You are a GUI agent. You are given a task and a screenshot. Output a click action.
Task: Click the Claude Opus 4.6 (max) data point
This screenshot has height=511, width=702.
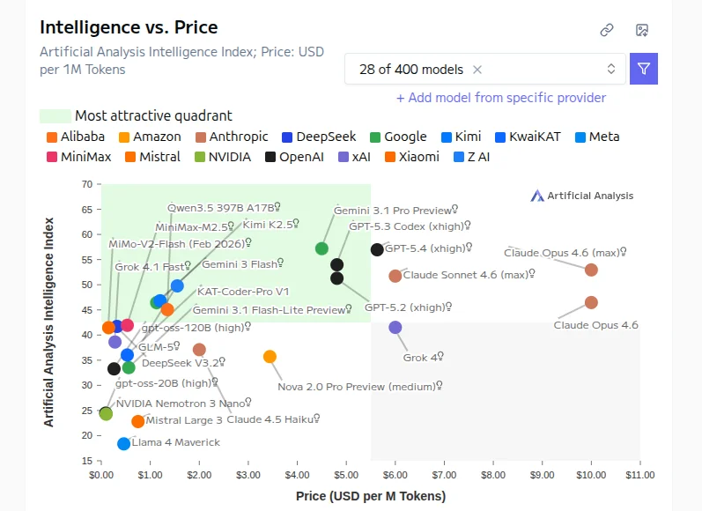(x=591, y=270)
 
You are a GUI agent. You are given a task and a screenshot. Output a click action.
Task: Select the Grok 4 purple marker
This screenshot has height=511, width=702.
(x=395, y=328)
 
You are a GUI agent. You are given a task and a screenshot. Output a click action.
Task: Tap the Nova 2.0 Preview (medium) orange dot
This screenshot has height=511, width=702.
(x=270, y=357)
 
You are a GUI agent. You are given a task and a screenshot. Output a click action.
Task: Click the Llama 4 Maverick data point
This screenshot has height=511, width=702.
(x=123, y=443)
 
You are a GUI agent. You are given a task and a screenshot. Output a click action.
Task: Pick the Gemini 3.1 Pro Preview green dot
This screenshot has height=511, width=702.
(x=321, y=248)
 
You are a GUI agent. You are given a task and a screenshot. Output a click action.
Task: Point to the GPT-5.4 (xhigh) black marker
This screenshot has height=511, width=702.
(x=377, y=249)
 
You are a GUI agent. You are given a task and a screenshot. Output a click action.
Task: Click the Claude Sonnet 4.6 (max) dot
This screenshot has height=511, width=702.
(x=395, y=276)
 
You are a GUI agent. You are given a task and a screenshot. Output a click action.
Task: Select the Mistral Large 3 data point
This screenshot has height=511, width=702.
(x=137, y=421)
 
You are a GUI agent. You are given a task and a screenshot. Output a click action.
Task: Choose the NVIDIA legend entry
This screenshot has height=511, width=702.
(x=223, y=157)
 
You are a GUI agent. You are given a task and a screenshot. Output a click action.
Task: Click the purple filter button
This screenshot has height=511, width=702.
(x=644, y=69)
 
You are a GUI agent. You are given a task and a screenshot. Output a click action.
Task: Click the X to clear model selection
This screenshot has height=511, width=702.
(x=477, y=69)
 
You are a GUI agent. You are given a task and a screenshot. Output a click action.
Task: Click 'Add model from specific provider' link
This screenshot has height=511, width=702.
(x=501, y=98)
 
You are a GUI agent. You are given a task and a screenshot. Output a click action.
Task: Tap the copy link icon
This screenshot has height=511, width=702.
(x=607, y=30)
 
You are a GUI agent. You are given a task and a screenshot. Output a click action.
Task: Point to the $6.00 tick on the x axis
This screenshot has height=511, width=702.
(x=395, y=476)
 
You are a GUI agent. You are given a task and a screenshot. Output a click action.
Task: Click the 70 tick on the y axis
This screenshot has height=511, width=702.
(x=86, y=184)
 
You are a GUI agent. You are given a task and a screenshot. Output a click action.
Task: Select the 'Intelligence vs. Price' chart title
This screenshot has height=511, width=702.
(x=129, y=28)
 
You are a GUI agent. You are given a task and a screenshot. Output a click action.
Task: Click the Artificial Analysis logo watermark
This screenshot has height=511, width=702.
(x=582, y=196)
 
